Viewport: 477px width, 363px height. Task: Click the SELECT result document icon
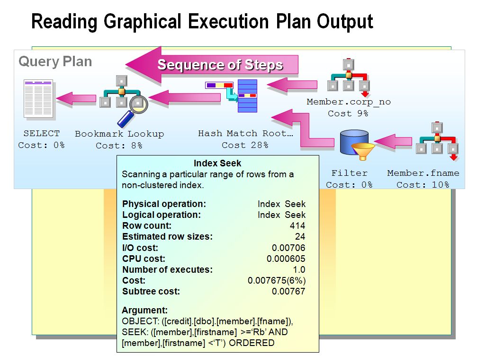[x=39, y=99]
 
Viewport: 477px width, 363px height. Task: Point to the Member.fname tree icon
[x=436, y=139]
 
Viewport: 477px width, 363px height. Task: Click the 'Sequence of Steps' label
[x=220, y=65]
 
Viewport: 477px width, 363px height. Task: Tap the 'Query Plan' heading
[x=55, y=61]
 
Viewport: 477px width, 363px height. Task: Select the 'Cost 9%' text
[x=348, y=113]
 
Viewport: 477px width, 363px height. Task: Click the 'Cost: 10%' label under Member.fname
[x=423, y=185]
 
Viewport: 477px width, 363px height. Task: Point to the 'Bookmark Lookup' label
[x=119, y=134]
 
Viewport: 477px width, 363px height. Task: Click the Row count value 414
[x=297, y=226]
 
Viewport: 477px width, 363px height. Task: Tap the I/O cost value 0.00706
[x=288, y=248]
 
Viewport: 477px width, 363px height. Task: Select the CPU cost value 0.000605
[x=286, y=259]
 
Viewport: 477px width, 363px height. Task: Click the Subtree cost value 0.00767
[x=288, y=292]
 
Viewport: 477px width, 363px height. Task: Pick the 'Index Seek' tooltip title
[x=218, y=164]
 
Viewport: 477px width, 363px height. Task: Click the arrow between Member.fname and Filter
[x=392, y=141]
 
